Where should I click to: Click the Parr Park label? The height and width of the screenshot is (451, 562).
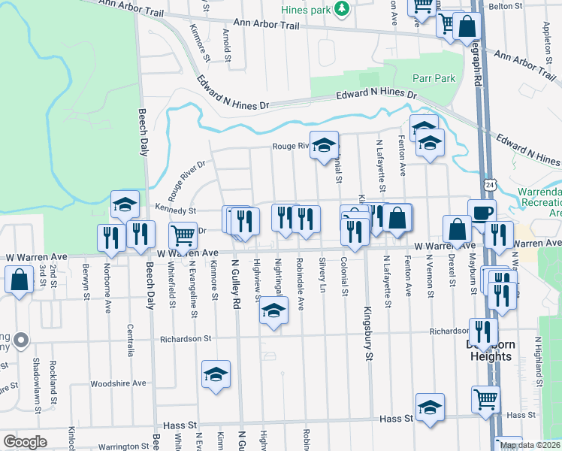[x=434, y=78]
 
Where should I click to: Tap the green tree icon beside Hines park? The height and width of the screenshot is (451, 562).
[x=342, y=9]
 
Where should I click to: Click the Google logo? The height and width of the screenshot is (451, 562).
[x=25, y=442]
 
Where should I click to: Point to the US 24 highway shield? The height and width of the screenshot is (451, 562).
[x=491, y=184]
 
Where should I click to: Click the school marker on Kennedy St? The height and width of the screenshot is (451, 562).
[x=125, y=203]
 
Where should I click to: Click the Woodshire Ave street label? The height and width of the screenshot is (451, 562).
[x=118, y=383]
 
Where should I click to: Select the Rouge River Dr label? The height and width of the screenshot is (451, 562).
[x=186, y=180]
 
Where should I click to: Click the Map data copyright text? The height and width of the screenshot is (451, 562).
[x=530, y=445]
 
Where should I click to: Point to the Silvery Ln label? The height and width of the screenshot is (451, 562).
[x=322, y=276]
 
